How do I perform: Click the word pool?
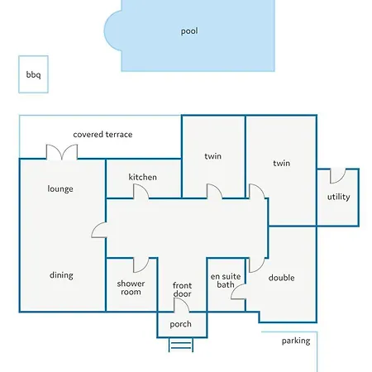[189, 31]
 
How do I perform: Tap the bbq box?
[33, 74]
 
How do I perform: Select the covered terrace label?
[103, 135]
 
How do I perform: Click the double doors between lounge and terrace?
[62, 152]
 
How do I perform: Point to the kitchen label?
[143, 177]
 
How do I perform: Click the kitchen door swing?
[141, 191]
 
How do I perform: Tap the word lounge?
[60, 189]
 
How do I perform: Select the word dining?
[61, 275]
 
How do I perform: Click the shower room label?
[131, 288]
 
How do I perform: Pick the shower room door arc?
[141, 265]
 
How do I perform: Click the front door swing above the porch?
[181, 305]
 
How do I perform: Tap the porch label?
[180, 324]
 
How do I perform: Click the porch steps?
[181, 345]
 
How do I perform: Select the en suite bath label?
[226, 280]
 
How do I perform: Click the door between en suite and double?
[238, 292]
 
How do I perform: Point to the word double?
[281, 278]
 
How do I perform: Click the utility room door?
[338, 176]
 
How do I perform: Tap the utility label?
[339, 197]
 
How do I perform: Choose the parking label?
[296, 341]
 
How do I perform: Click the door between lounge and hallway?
[99, 230]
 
